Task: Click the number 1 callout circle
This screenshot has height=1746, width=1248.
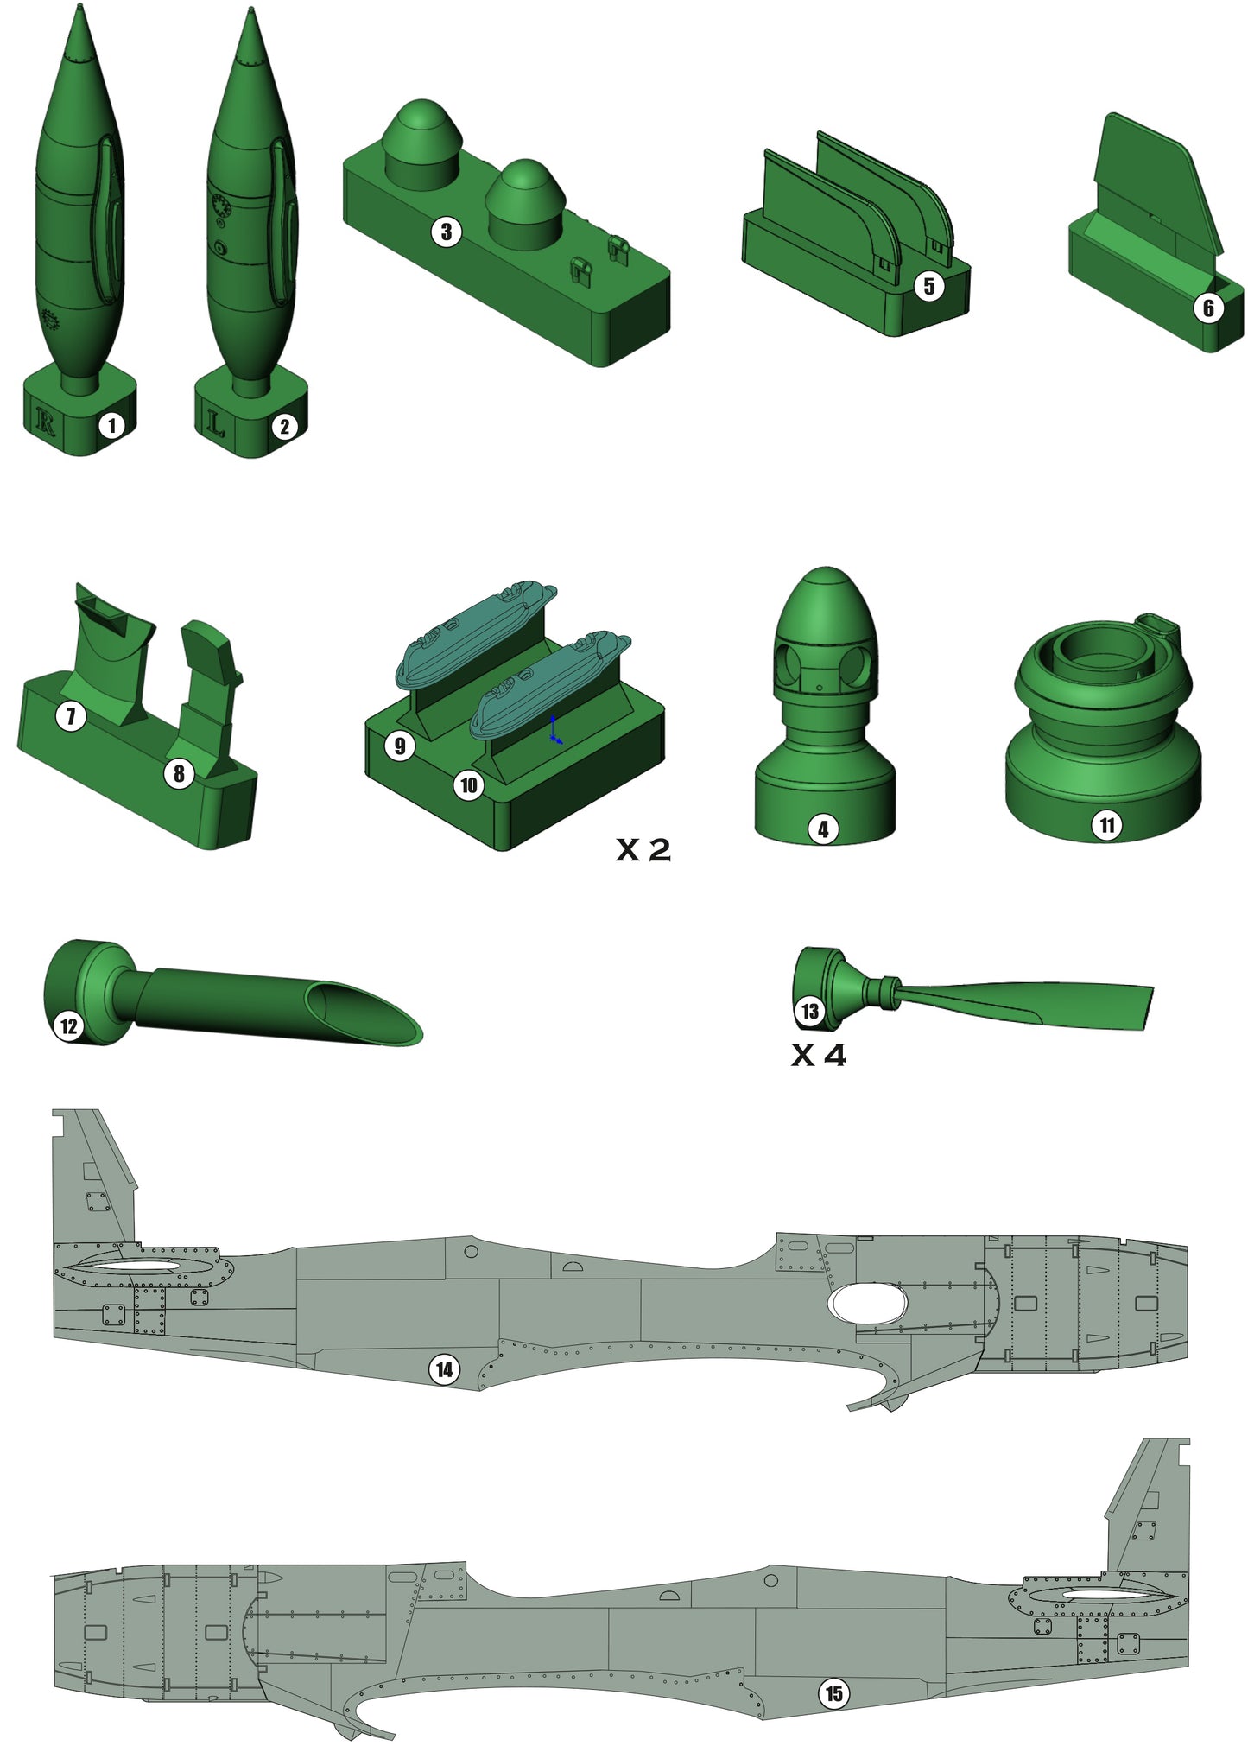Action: [x=111, y=425]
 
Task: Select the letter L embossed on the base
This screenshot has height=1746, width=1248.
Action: [x=215, y=422]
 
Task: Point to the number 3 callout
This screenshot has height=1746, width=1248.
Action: [x=447, y=232]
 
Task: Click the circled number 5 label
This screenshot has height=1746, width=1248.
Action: [x=929, y=286]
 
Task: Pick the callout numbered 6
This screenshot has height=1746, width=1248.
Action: [x=1208, y=308]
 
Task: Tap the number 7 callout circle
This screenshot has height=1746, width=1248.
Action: [x=71, y=715]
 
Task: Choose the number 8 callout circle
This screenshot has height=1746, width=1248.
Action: [x=179, y=773]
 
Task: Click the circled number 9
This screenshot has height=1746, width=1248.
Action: [x=399, y=746]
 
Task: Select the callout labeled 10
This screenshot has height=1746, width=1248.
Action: [x=468, y=785]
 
